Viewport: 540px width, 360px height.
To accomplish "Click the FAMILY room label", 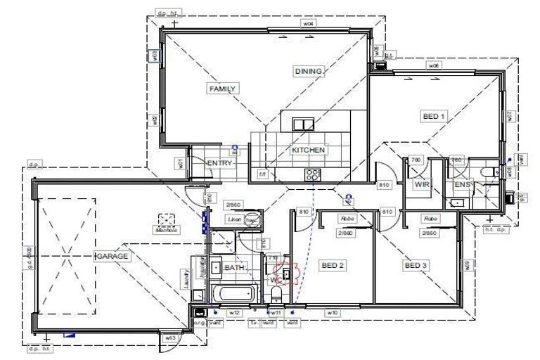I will coord(223,89).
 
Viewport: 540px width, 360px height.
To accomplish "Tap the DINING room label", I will coord(309,71).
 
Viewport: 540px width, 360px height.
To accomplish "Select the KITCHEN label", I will coord(308,150).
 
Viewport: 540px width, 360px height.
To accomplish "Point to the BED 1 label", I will coord(433,116).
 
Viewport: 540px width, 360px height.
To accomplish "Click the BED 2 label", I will coord(333,265).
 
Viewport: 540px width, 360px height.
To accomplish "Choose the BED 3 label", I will coord(415,265).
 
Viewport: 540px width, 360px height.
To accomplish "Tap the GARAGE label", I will coord(112,257).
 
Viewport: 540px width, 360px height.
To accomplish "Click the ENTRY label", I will coord(219,163).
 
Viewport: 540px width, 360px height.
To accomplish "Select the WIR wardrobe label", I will coord(422,184).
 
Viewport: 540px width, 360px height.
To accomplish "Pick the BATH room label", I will coord(233,268).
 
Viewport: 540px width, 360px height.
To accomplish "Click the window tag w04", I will coord(307,23).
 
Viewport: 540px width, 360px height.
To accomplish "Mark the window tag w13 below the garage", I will coord(169,338).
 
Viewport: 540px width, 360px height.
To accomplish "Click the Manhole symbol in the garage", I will coord(167,219).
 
